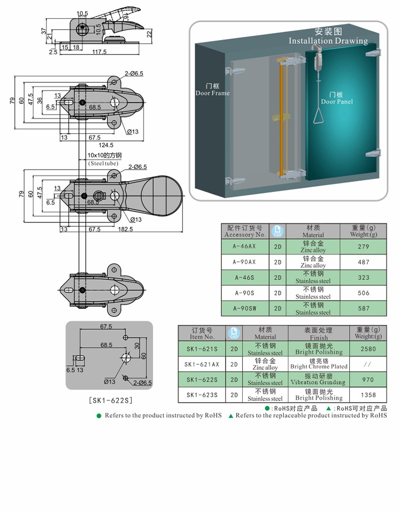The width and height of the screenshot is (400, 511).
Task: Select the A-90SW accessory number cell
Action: [x=245, y=309]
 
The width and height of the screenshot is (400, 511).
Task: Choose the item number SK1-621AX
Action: [x=202, y=364]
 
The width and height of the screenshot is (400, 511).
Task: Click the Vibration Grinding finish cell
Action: [x=318, y=379]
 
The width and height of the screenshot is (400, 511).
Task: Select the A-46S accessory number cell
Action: [x=245, y=277]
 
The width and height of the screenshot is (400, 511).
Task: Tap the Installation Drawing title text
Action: [x=328, y=41]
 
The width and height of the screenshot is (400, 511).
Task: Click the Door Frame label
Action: [x=212, y=89]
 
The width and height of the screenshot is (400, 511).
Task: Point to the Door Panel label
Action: [x=337, y=98]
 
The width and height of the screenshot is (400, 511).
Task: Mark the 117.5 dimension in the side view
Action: [x=99, y=52]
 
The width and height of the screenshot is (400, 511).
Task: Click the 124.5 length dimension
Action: [x=106, y=145]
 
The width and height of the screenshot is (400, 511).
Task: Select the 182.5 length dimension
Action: [x=126, y=229]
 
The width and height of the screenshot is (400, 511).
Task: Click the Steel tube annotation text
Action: [x=103, y=163]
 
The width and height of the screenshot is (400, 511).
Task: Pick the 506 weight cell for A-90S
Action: [x=363, y=293]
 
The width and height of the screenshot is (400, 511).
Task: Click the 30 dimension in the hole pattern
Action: [x=137, y=346]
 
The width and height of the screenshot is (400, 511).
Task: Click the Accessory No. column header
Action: [x=245, y=231]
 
